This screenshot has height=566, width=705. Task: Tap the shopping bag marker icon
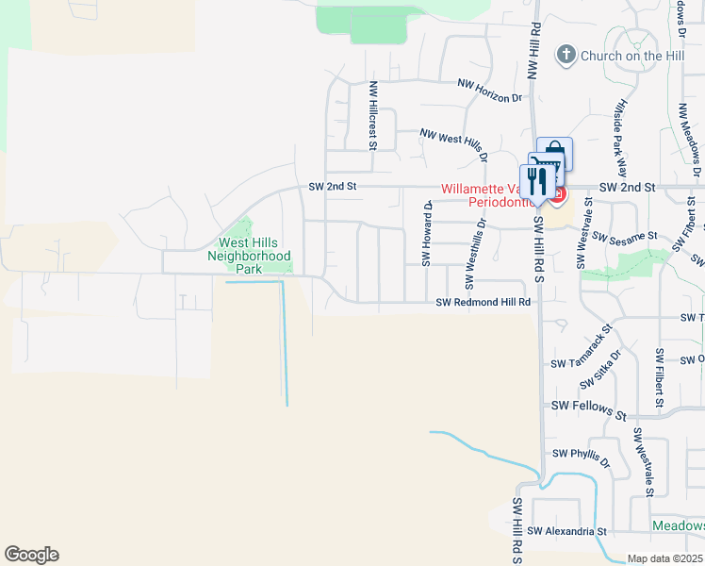tap(555, 153)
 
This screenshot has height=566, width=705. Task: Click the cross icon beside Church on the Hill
tap(566, 55)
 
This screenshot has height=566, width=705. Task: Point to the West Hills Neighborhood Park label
tap(250, 256)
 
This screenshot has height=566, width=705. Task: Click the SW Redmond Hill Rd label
tap(484, 303)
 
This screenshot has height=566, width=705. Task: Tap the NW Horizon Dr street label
tap(488, 91)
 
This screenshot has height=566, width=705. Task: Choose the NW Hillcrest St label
tap(373, 115)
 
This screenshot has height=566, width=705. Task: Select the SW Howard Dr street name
tap(426, 233)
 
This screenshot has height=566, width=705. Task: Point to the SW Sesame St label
tap(623, 240)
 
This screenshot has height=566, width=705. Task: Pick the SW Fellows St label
tap(589, 408)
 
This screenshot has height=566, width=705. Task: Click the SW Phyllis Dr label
tap(582, 458)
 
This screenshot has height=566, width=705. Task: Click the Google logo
tap(31, 555)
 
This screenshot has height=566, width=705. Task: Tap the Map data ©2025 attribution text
tap(664, 558)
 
